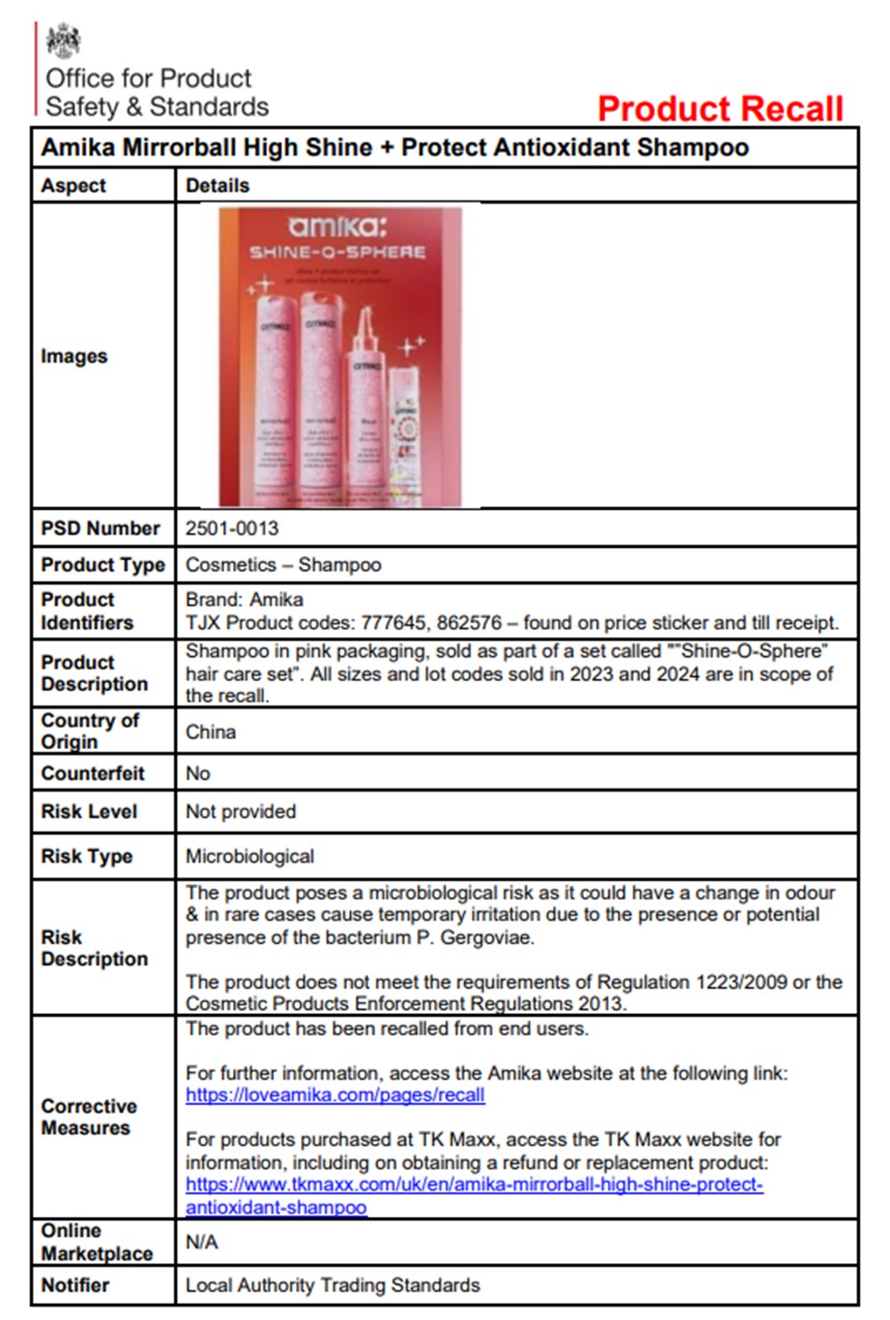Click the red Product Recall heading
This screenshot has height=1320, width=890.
[720, 109]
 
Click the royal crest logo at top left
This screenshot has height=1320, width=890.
[62, 41]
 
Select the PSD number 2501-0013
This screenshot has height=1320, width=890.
[231, 528]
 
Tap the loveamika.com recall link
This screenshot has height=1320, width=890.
[335, 1095]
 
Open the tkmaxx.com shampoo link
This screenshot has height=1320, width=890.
[473, 1185]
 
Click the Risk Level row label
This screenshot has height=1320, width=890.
[89, 811]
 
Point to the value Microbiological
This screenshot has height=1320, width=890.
[249, 857]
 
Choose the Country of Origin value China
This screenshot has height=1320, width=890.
[211, 732]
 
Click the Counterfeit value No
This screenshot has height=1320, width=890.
[198, 773]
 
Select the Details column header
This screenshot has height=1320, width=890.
[217, 186]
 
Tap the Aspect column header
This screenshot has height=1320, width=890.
[73, 186]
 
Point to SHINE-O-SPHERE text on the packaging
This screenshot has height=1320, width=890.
[337, 253]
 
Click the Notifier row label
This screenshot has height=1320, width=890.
[75, 1285]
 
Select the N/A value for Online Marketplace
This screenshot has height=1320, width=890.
[201, 1242]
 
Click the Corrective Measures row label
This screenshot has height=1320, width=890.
[89, 1117]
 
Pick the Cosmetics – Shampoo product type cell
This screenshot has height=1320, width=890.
[283, 565]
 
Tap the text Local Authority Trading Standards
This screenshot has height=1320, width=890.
[332, 1285]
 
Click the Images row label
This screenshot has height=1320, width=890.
[74, 356]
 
